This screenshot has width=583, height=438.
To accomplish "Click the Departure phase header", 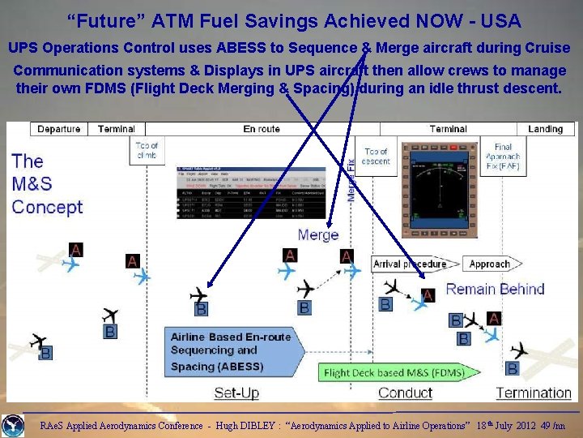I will pos(59,129).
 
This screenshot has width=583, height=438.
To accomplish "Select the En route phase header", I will pos(262,129).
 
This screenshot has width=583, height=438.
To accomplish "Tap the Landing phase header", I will pos(545,129).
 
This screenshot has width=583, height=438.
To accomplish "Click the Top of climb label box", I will pos(147,151).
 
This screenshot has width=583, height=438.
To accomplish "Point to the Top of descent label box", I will pos(377,157).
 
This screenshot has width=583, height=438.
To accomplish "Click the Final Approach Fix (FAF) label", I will pos(503,157).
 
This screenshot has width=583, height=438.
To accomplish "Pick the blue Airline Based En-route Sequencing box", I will pos(230,351).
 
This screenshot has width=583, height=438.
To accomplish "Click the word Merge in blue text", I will pos(318,235).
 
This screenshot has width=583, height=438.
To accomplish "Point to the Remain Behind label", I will pos(495,289).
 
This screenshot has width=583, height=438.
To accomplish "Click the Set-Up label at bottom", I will pos(236,393).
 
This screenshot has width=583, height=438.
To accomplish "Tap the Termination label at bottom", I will pos(534,393).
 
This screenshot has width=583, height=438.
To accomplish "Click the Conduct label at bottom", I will pos(405,393).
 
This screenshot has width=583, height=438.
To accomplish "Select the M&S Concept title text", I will pos(47,184).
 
